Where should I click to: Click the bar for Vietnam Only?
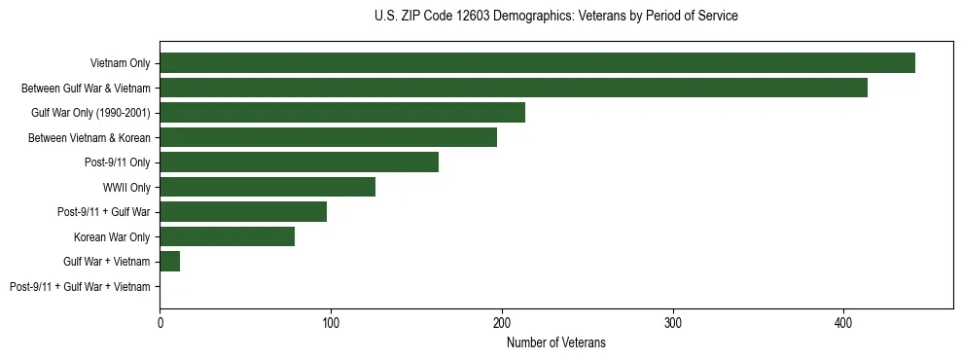coord(537,63)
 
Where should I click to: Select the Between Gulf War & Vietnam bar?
coord(514,88)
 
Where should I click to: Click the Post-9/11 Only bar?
coord(299,162)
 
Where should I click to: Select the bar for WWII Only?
coord(267,187)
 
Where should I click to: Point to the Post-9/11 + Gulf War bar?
coord(243,212)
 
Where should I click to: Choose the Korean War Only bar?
coord(227,236)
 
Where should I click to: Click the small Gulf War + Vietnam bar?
coord(170,262)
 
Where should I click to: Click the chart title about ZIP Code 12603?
coord(555,17)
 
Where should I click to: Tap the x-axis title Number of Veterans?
coord(555,342)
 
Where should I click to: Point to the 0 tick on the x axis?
coord(160,322)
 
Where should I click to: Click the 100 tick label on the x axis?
coord(331,322)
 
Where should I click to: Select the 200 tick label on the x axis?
coord(502,322)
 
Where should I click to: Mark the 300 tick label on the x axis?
coord(672,322)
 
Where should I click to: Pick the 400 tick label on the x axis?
coord(843,322)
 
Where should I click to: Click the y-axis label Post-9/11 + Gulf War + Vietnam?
coord(80,287)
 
